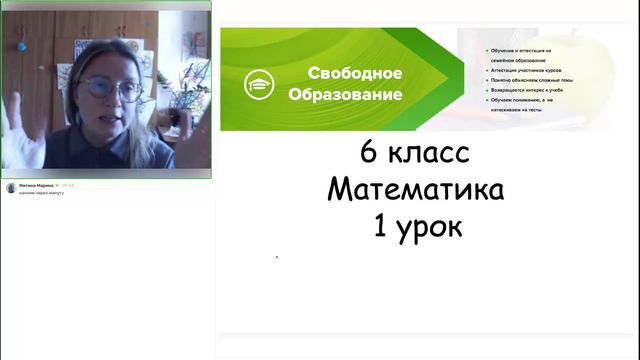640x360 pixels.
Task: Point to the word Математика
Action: click(415, 190)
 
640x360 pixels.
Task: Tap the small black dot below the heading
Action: click(277, 257)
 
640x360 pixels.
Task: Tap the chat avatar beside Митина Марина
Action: click(11, 187)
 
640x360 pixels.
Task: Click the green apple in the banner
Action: click(590, 60)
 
